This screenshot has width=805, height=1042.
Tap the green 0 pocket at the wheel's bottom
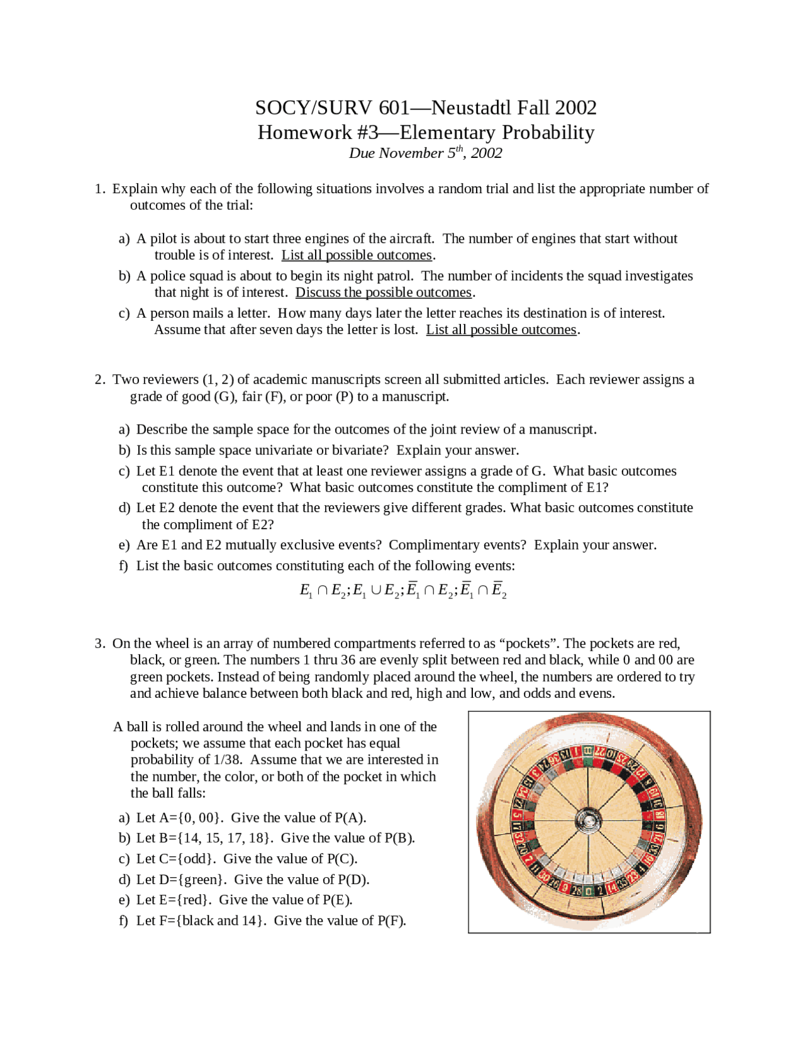click(588, 891)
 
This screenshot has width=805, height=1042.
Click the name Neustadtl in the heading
click(471, 108)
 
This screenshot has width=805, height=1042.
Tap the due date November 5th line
click(425, 153)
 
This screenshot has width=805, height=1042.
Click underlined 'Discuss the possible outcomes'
click(384, 293)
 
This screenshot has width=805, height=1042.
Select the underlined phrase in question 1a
click(357, 255)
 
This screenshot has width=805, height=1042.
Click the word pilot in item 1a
click(164, 239)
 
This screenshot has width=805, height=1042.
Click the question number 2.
click(99, 379)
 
